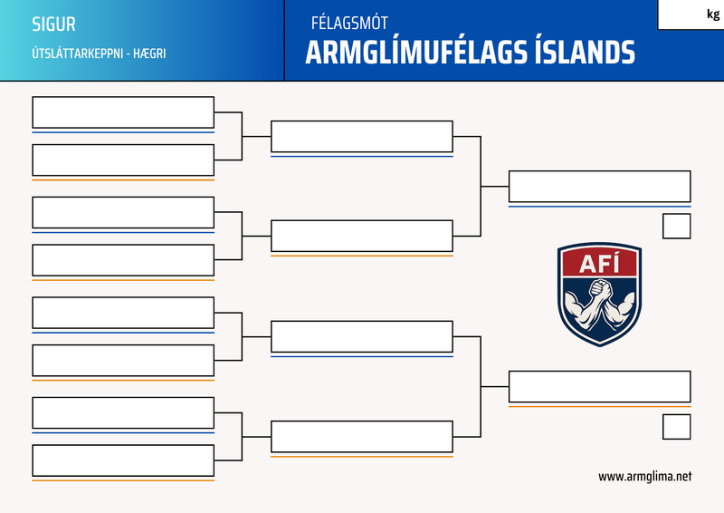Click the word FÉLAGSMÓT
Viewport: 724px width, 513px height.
tap(348, 24)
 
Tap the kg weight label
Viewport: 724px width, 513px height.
tap(712, 14)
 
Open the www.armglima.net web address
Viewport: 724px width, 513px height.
tap(644, 476)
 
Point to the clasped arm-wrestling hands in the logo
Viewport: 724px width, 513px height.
tap(599, 295)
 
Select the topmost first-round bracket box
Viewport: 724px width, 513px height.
tap(123, 112)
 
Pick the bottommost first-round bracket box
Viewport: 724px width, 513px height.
tap(123, 460)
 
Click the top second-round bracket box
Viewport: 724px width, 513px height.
tap(361, 136)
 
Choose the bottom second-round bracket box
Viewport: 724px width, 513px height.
tap(361, 436)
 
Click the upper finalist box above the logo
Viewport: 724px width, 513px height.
tap(599, 186)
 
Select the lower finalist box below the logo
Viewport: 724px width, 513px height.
tap(599, 386)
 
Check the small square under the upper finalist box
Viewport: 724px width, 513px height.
tap(676, 226)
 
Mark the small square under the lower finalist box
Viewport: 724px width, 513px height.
tap(676, 426)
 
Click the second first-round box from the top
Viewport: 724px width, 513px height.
tap(123, 160)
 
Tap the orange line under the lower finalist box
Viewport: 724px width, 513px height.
tap(599, 406)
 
